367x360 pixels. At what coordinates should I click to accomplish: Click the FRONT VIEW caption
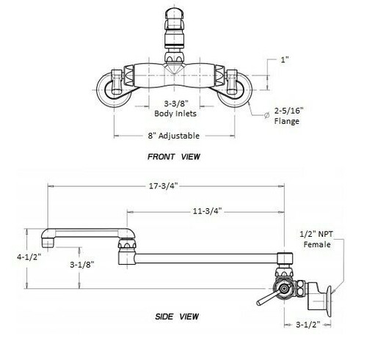click(174, 156)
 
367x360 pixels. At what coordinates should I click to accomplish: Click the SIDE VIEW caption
click(177, 317)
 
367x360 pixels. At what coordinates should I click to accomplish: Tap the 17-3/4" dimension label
click(164, 186)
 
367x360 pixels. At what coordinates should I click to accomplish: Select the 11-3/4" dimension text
click(207, 211)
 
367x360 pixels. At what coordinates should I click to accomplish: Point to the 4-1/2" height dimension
click(29, 257)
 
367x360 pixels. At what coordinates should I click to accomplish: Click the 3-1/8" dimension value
click(82, 265)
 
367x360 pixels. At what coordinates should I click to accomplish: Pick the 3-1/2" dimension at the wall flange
click(308, 325)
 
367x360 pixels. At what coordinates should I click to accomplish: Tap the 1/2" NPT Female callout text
click(317, 239)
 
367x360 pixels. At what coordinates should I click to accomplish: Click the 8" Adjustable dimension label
click(174, 136)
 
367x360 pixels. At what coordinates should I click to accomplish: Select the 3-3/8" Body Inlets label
click(175, 109)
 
